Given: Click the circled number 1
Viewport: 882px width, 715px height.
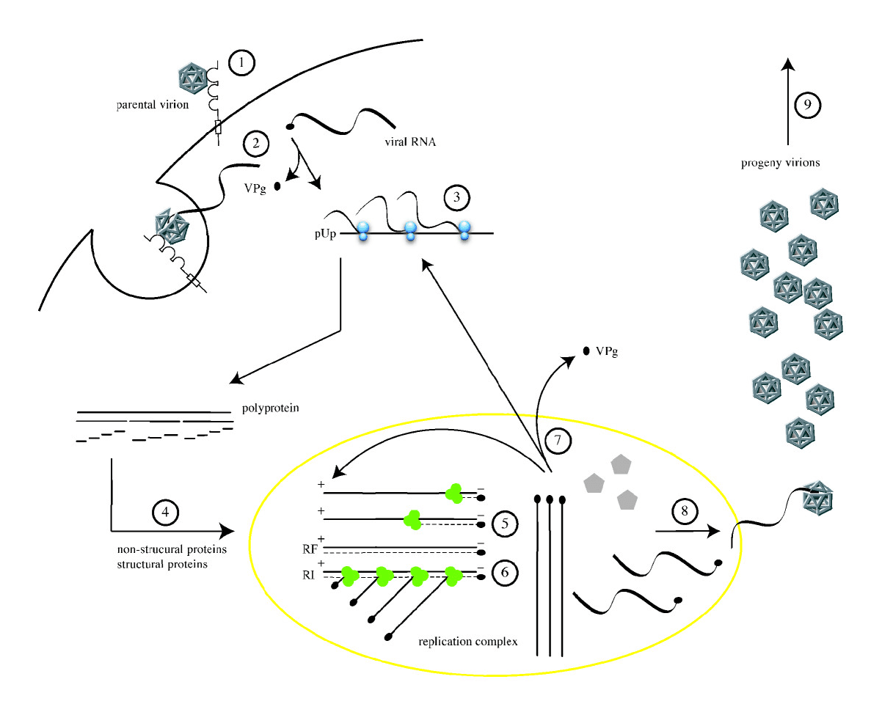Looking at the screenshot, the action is click(x=241, y=63).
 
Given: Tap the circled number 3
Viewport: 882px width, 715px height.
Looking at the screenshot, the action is click(x=456, y=197).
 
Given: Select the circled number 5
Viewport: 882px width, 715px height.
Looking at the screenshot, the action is click(x=505, y=524).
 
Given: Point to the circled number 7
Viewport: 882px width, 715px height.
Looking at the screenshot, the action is click(x=558, y=440).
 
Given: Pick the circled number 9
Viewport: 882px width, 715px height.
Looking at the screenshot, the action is click(x=807, y=105).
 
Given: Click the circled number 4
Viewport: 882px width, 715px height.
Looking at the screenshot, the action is click(x=165, y=513).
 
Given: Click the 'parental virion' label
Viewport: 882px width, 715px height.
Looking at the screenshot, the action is click(x=153, y=105).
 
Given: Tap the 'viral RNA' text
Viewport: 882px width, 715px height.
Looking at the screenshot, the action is click(x=410, y=142).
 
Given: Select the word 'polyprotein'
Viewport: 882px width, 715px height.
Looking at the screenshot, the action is click(x=271, y=408).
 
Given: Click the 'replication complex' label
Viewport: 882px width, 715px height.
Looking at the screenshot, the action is click(x=468, y=642).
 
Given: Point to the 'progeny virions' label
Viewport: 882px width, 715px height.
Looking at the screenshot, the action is click(x=781, y=163).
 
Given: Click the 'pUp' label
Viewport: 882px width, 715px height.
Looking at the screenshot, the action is click(x=326, y=234).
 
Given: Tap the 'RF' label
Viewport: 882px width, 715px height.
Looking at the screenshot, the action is click(x=310, y=549).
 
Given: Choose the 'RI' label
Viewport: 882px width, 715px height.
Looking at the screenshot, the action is click(x=308, y=575).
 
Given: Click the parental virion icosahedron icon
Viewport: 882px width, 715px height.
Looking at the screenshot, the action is click(x=192, y=78).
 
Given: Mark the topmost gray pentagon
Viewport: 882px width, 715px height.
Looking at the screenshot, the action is click(x=621, y=464).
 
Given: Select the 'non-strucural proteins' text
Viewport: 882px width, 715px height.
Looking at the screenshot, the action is click(x=172, y=549).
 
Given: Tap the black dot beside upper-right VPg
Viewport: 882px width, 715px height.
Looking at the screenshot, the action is click(x=586, y=351).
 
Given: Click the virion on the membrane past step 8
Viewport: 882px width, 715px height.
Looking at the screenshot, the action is click(x=817, y=498).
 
